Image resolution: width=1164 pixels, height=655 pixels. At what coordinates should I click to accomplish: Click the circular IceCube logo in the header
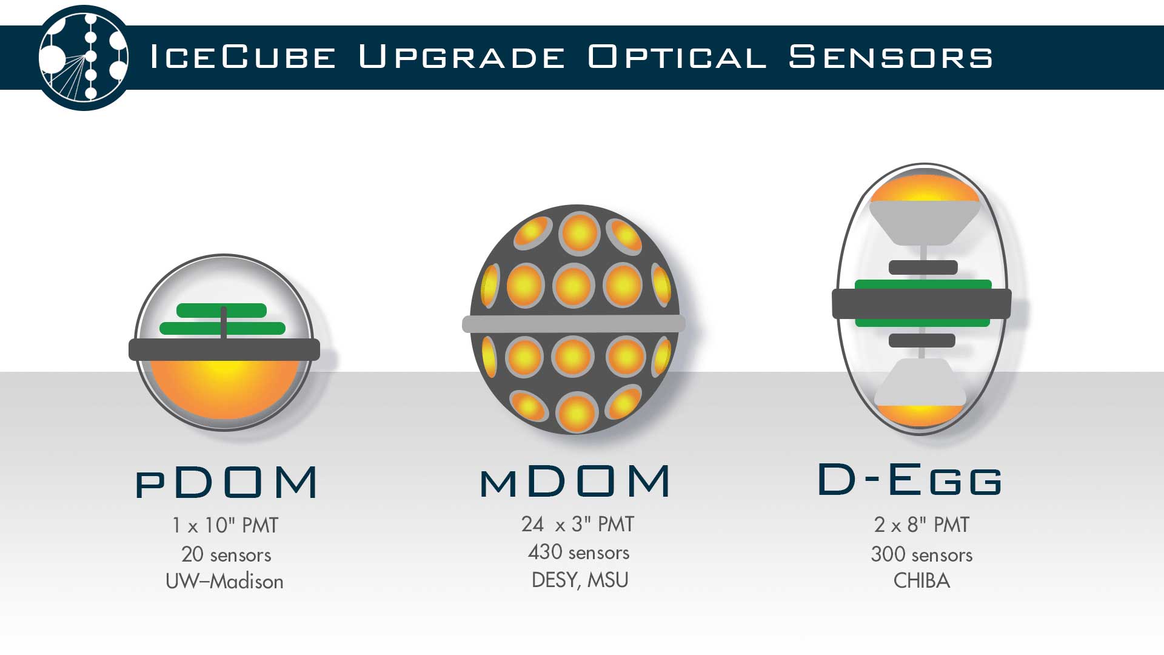(x=84, y=58)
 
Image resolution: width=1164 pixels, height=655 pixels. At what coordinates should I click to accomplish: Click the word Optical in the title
(x=677, y=56)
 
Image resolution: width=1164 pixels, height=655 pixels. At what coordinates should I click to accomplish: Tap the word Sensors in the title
(x=891, y=56)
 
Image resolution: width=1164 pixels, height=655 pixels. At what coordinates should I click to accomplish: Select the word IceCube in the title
(x=242, y=56)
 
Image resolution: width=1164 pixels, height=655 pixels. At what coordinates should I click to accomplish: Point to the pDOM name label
(x=227, y=482)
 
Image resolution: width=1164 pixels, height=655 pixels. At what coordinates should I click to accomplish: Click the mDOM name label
(x=575, y=481)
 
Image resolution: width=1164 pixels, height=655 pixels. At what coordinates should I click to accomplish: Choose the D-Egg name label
(x=909, y=480)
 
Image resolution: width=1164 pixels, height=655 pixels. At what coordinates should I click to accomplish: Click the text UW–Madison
(x=224, y=582)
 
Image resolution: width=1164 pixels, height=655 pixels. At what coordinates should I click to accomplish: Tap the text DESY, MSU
(x=580, y=580)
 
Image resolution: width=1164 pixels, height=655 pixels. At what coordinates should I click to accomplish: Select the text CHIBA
(x=921, y=581)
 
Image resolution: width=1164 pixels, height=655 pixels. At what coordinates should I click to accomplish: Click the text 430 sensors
(x=579, y=553)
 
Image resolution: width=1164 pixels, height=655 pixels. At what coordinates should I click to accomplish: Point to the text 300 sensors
(x=921, y=554)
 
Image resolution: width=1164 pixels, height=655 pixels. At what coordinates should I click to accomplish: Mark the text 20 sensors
(x=226, y=554)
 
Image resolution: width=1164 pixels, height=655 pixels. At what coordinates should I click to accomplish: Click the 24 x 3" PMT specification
(x=578, y=524)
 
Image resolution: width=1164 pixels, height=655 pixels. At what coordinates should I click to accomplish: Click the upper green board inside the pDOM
(x=222, y=311)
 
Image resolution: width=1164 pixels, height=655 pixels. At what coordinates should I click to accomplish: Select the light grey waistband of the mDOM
(x=574, y=324)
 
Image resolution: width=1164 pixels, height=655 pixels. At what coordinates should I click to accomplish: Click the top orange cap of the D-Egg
(x=924, y=189)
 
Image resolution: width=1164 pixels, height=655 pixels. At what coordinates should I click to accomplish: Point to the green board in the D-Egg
(x=923, y=303)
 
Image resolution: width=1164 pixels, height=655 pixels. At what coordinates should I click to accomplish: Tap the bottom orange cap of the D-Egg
(x=920, y=416)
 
